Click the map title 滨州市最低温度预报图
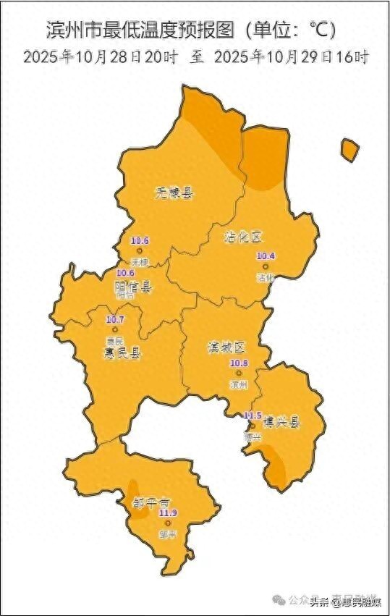pyautogui.click(x=140, y=30)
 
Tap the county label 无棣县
pyautogui.click(x=175, y=193)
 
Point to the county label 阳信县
pyautogui.click(x=134, y=287)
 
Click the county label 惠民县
pyautogui.click(x=122, y=353)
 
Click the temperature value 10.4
pyautogui.click(x=266, y=256)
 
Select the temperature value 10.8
pyautogui.click(x=239, y=363)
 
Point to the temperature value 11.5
pyautogui.click(x=253, y=415)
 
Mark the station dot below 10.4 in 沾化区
pyautogui.click(x=266, y=266)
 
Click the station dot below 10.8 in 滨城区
pyautogui.click(x=239, y=373)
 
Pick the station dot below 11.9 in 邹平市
pyautogui.click(x=167, y=523)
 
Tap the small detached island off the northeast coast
pyautogui.click(x=349, y=151)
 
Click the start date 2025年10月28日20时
pyautogui.click(x=100, y=56)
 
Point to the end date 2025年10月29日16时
pyautogui.click(x=292, y=56)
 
